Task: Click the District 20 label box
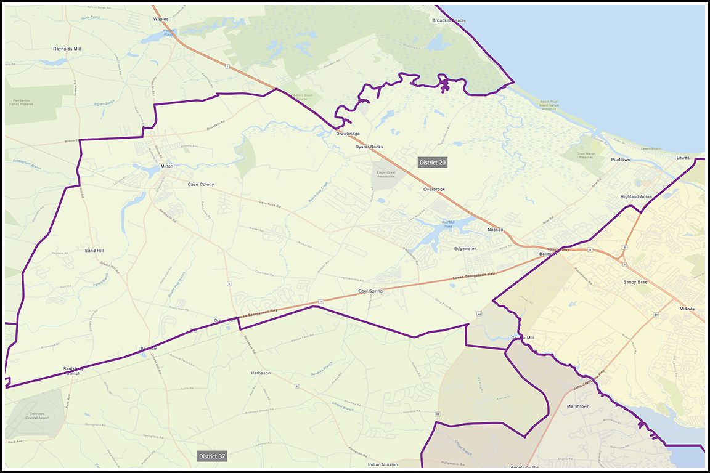[432, 163]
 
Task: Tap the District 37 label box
[212, 456]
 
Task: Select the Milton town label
[167, 166]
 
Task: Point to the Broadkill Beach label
[448, 20]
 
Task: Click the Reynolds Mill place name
[67, 49]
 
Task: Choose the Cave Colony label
[201, 184]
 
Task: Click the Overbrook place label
[434, 189]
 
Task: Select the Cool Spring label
[370, 291]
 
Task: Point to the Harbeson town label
[261, 373]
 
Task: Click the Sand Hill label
[94, 251]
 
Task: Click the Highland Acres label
[636, 196]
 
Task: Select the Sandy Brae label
[635, 281]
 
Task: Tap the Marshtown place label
[578, 406]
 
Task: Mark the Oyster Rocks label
[369, 147]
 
